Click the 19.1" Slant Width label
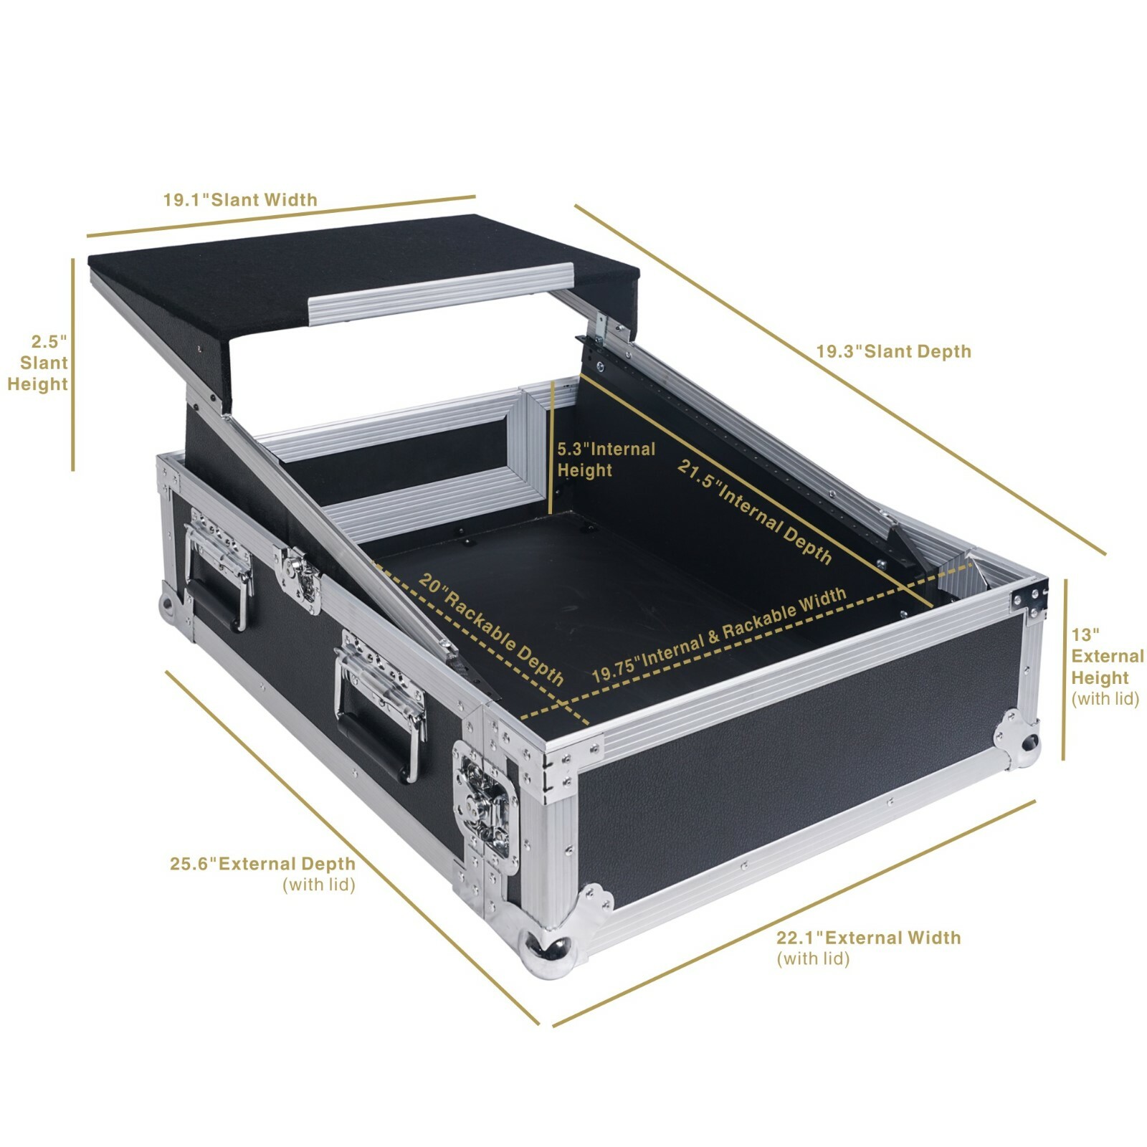point(240,199)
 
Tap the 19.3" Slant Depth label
point(894,351)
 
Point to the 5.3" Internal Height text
point(606,460)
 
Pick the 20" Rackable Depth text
point(492,629)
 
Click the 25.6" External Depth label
point(262,874)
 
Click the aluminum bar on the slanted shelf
point(441,293)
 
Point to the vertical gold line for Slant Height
point(73,365)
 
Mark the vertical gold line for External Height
point(1064,670)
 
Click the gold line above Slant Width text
point(281,216)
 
